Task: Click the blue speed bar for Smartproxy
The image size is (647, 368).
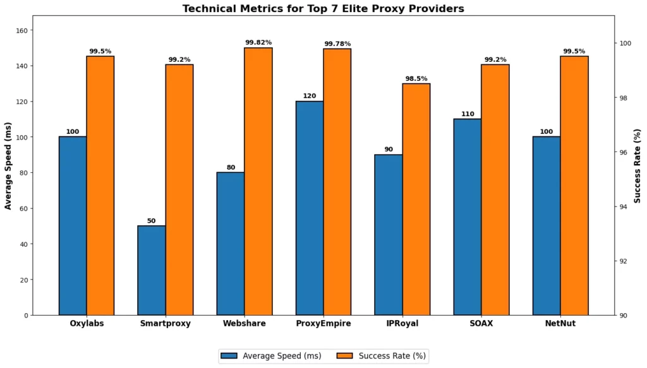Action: point(152,270)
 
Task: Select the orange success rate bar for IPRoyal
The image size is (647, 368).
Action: point(416,199)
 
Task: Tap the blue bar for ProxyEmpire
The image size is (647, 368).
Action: point(310,208)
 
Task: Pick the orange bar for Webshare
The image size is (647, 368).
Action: point(258,181)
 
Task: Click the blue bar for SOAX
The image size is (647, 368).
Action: point(468,217)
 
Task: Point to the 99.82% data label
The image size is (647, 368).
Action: point(258,42)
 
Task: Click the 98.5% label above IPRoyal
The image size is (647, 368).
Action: point(416,78)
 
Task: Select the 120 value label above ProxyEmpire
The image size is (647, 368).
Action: point(310,96)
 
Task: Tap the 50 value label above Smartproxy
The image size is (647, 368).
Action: point(152,220)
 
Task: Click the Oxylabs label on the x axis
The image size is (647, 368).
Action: point(87,324)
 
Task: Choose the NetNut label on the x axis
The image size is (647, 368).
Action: point(560,324)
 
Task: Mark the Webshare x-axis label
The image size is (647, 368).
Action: point(245,324)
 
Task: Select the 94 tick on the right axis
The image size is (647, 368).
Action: point(624,206)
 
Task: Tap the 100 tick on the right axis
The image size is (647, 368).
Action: point(626,44)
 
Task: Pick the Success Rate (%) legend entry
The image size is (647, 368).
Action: point(384,356)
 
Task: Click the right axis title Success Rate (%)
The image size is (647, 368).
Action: point(638,165)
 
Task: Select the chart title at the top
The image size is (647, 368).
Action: point(323,8)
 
